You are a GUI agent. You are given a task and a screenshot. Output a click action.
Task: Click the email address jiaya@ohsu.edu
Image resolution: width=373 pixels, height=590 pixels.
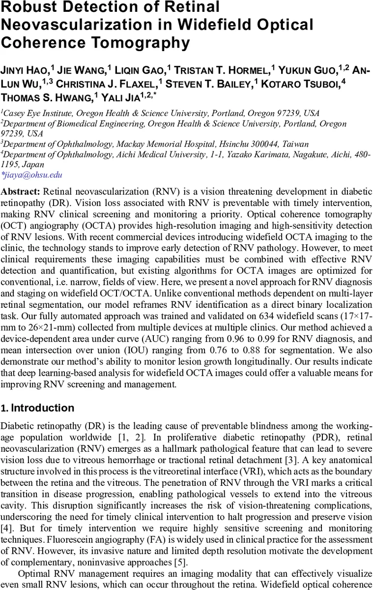(32, 175)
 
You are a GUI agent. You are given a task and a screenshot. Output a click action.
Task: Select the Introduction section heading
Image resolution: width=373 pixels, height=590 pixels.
(42, 408)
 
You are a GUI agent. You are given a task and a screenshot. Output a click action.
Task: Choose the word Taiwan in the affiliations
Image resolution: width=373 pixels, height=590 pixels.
(295, 144)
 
